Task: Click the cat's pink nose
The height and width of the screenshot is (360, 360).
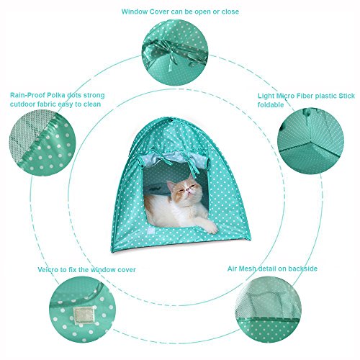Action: click(189, 191)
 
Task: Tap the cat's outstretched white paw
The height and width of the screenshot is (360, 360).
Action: click(210, 227)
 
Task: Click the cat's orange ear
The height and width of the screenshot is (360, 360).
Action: click(171, 185)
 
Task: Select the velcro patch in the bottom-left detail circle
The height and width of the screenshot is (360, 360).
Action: click(84, 315)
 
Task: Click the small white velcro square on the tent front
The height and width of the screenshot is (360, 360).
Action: click(151, 231)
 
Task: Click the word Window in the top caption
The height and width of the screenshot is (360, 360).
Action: click(135, 12)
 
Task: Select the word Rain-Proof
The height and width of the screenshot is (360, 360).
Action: click(27, 95)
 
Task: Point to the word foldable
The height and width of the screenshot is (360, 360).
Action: click(271, 105)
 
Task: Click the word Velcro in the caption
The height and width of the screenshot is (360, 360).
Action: click(48, 269)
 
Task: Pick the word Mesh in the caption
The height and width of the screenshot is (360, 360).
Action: click(247, 269)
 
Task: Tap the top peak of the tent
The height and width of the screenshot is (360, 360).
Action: click(172, 119)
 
